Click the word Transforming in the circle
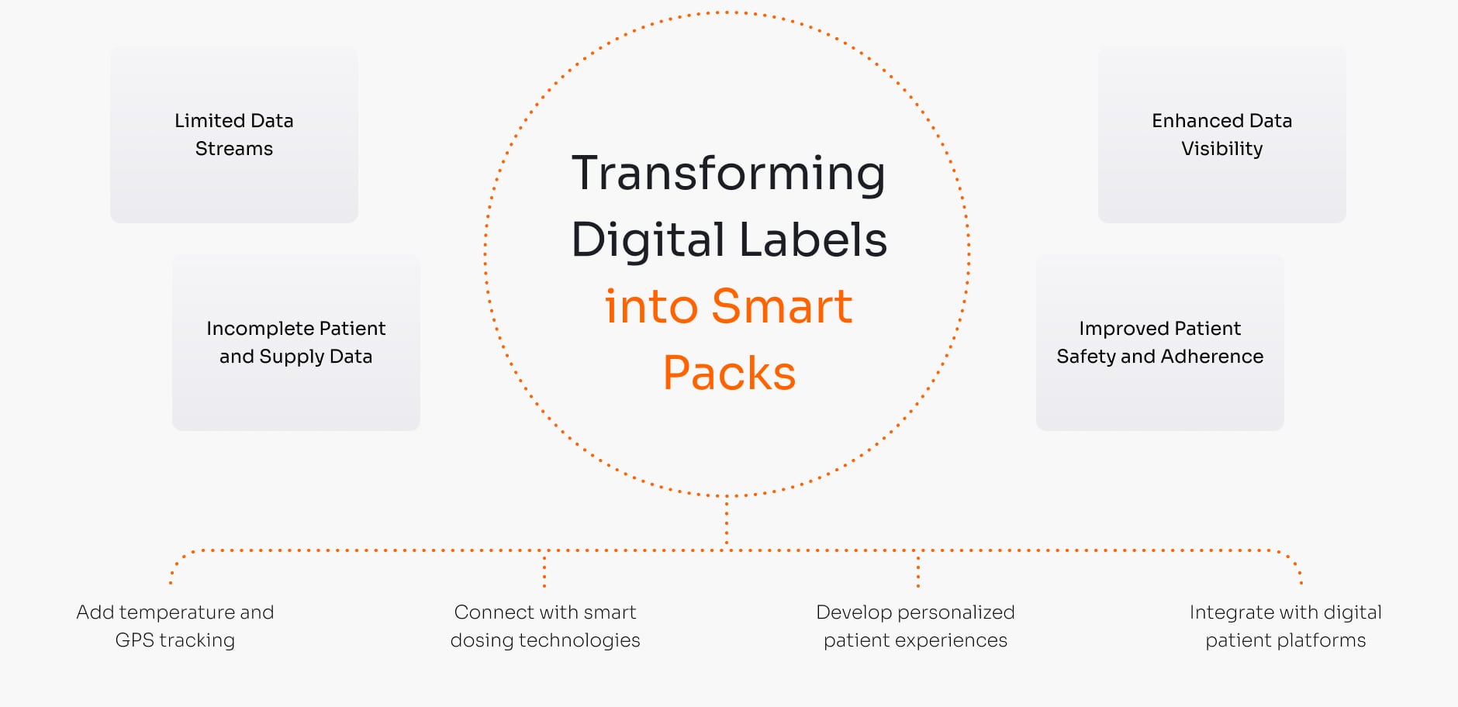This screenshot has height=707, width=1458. click(x=728, y=174)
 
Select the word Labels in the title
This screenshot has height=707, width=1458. click(x=814, y=240)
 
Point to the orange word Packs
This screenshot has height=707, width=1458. click(x=729, y=373)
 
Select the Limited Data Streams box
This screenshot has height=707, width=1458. click(x=234, y=135)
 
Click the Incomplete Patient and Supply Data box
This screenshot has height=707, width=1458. click(x=296, y=343)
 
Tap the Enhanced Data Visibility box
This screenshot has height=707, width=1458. click(x=1221, y=135)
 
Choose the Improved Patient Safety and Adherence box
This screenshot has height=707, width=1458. click(x=1159, y=343)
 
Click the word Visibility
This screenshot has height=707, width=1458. click(x=1221, y=149)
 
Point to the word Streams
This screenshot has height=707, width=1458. click(x=234, y=149)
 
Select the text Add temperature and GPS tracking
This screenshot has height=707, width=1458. click(x=175, y=626)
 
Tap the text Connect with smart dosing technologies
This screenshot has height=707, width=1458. click(x=545, y=626)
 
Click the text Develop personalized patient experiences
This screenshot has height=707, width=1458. click(x=915, y=626)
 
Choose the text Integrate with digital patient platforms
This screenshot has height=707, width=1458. click(x=1285, y=626)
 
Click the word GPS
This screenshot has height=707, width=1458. click(x=134, y=640)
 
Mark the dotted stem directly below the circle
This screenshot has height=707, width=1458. click(x=727, y=523)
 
